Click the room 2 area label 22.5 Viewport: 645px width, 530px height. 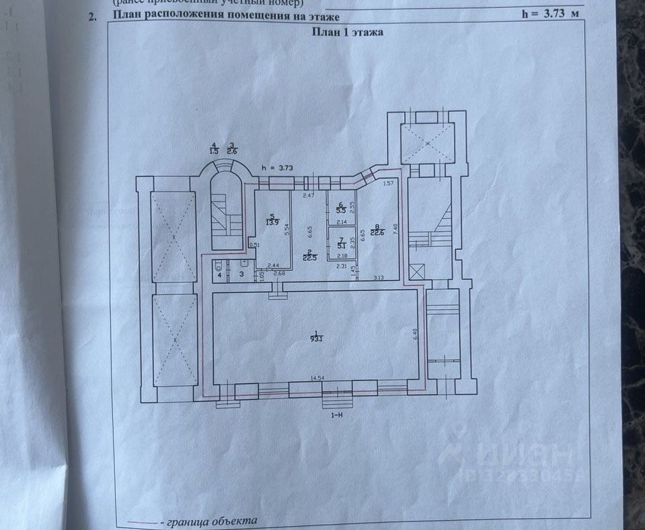coord(309,256)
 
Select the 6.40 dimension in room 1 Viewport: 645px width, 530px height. coord(415,334)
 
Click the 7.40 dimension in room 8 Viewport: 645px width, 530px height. coord(396,228)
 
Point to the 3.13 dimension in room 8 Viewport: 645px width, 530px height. coord(379,277)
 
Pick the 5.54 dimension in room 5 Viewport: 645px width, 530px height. coord(287,228)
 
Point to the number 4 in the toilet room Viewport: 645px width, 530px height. coord(219,275)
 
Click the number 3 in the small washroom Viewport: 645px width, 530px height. coord(241,275)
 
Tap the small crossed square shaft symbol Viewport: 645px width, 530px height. coord(416,272)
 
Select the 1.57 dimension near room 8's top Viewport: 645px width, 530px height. coord(387,183)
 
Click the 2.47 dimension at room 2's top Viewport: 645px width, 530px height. coord(308,195)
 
